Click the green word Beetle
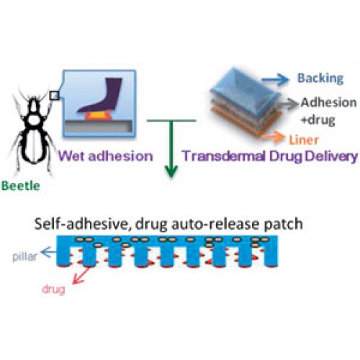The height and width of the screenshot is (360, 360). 21,186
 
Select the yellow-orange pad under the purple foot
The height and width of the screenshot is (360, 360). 99,116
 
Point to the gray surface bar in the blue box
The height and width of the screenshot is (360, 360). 99,126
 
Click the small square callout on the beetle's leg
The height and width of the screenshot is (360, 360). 54,96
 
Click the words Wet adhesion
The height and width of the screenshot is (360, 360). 106,156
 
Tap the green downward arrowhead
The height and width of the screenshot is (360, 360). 171,170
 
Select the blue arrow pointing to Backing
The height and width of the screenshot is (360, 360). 275,79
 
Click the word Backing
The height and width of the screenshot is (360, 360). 320,78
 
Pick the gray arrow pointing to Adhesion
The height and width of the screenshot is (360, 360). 289,104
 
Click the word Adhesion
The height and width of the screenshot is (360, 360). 329,102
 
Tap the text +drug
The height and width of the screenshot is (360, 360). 318,120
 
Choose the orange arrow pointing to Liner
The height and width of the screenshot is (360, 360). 273,137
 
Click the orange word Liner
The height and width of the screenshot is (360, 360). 304,140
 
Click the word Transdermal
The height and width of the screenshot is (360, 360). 224,156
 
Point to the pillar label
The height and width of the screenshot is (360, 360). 25,257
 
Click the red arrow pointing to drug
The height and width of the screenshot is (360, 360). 81,275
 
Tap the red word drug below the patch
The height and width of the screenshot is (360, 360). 53,289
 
